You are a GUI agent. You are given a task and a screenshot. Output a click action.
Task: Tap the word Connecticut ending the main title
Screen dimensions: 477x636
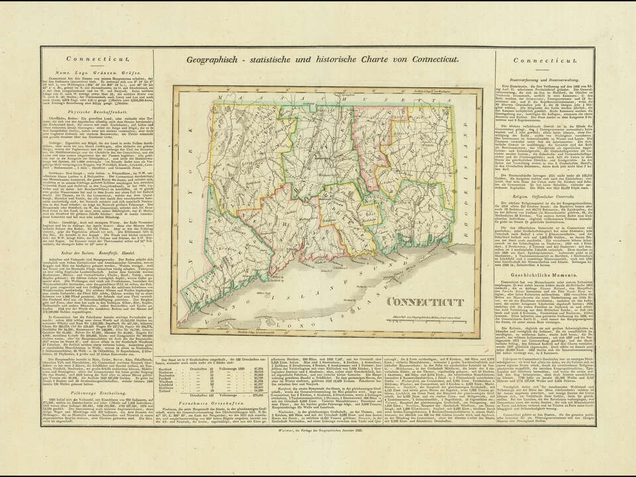(x=430, y=60)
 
